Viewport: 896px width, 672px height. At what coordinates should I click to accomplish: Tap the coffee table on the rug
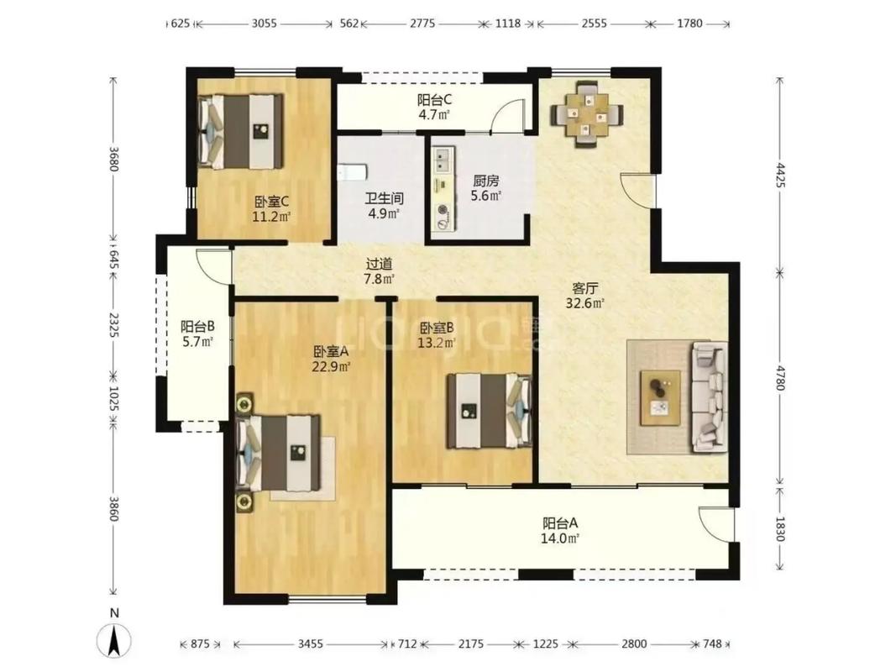(x=660, y=397)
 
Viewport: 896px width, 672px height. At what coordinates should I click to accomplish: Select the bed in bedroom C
(x=240, y=132)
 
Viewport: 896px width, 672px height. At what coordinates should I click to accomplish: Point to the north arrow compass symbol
(x=114, y=639)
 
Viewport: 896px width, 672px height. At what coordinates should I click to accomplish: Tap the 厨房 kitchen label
(x=485, y=181)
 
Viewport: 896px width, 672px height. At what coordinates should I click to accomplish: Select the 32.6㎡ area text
(x=584, y=303)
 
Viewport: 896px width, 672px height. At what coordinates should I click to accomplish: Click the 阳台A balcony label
(x=560, y=522)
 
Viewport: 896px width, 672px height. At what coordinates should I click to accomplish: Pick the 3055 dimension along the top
(x=264, y=24)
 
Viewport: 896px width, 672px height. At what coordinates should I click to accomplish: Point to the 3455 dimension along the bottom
(x=311, y=644)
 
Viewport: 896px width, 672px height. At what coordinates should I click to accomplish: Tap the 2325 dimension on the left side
(x=113, y=324)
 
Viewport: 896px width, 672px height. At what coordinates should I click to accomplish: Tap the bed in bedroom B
(x=489, y=410)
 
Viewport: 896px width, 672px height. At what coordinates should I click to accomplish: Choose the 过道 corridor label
(x=379, y=264)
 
